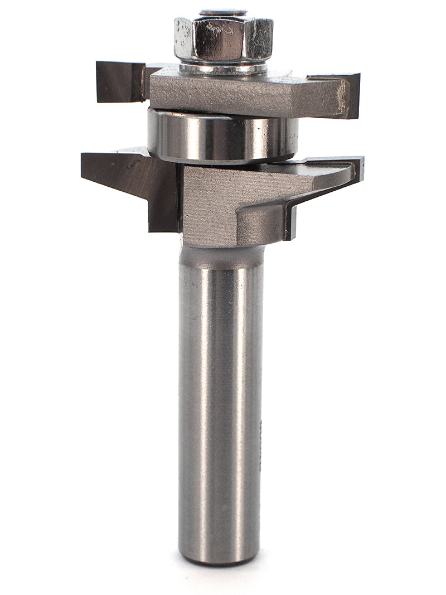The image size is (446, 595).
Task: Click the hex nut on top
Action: click(223, 39)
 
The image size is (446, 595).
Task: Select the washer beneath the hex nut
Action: click(223, 69)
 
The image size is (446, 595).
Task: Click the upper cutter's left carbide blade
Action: click(120, 81)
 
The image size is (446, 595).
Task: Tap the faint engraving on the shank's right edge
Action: click(261, 435)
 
